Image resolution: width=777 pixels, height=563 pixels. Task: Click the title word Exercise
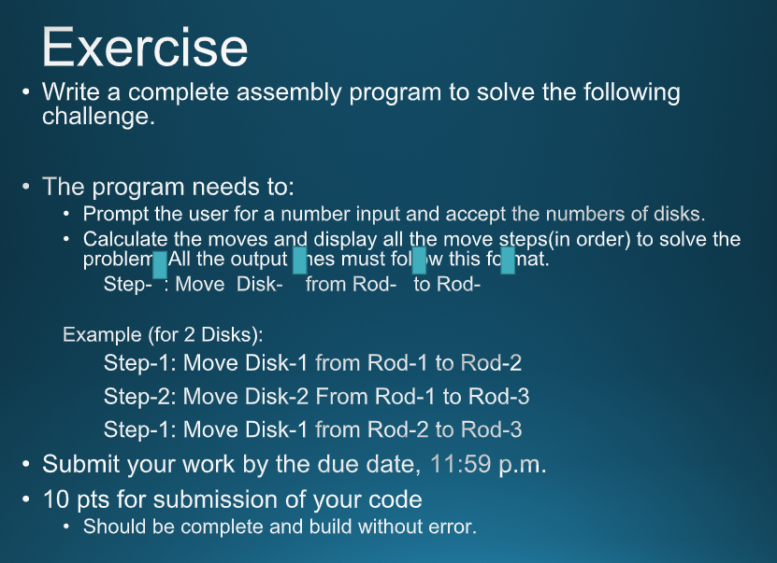tap(145, 47)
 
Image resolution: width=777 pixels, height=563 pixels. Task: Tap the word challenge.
tap(97, 117)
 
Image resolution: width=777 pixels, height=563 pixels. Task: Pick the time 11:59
tap(460, 464)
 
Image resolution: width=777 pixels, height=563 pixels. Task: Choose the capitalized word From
tap(342, 397)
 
